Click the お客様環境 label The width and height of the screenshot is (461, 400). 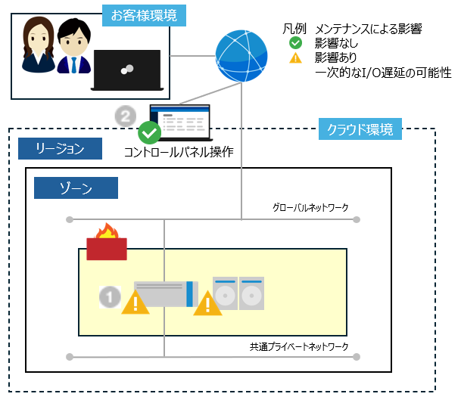coord(145,14)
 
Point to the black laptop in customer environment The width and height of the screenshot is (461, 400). coord(126,71)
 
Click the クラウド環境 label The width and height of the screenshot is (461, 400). coord(360,129)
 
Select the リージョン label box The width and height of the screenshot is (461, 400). coord(60,148)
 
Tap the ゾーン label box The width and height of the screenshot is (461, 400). coord(76,188)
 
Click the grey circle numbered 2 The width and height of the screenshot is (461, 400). coord(125,116)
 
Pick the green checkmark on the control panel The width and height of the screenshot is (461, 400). coord(151,133)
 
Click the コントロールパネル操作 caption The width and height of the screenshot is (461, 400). coord(179,152)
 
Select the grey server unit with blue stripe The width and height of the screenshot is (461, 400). coord(166,294)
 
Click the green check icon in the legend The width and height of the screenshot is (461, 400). coord(296,43)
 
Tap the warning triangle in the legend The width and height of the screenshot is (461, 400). coord(296,57)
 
